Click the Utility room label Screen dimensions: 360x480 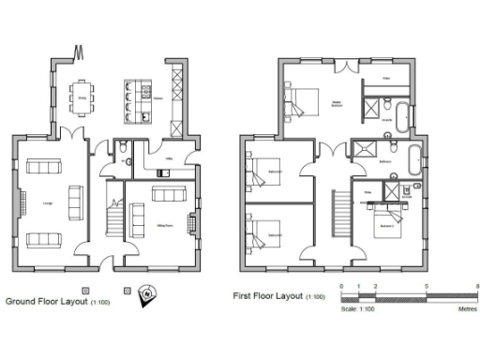(x=170, y=160)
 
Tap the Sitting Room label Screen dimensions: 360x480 (x=164, y=226)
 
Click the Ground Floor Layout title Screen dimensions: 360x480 (x=47, y=302)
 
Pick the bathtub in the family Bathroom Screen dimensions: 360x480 (x=416, y=156)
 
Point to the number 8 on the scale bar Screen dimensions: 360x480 (x=476, y=284)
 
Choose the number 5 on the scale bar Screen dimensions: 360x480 (x=427, y=284)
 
